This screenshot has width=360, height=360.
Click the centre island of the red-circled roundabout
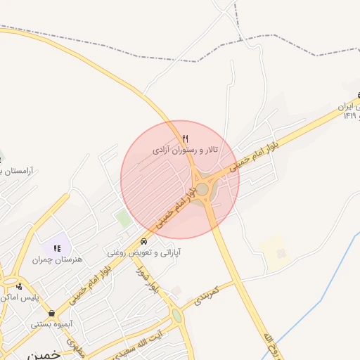tap(202, 189)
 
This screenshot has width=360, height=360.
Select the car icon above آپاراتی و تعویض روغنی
tap(144, 241)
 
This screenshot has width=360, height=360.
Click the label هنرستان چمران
tap(57, 259)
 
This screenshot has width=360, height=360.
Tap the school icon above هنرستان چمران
tap(56, 247)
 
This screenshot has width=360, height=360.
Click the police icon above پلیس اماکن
tap(20, 286)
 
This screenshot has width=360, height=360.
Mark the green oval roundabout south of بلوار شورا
tap(176, 316)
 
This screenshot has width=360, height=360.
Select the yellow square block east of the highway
tap(275, 250)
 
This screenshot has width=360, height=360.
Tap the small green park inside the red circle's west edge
tap(124, 218)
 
